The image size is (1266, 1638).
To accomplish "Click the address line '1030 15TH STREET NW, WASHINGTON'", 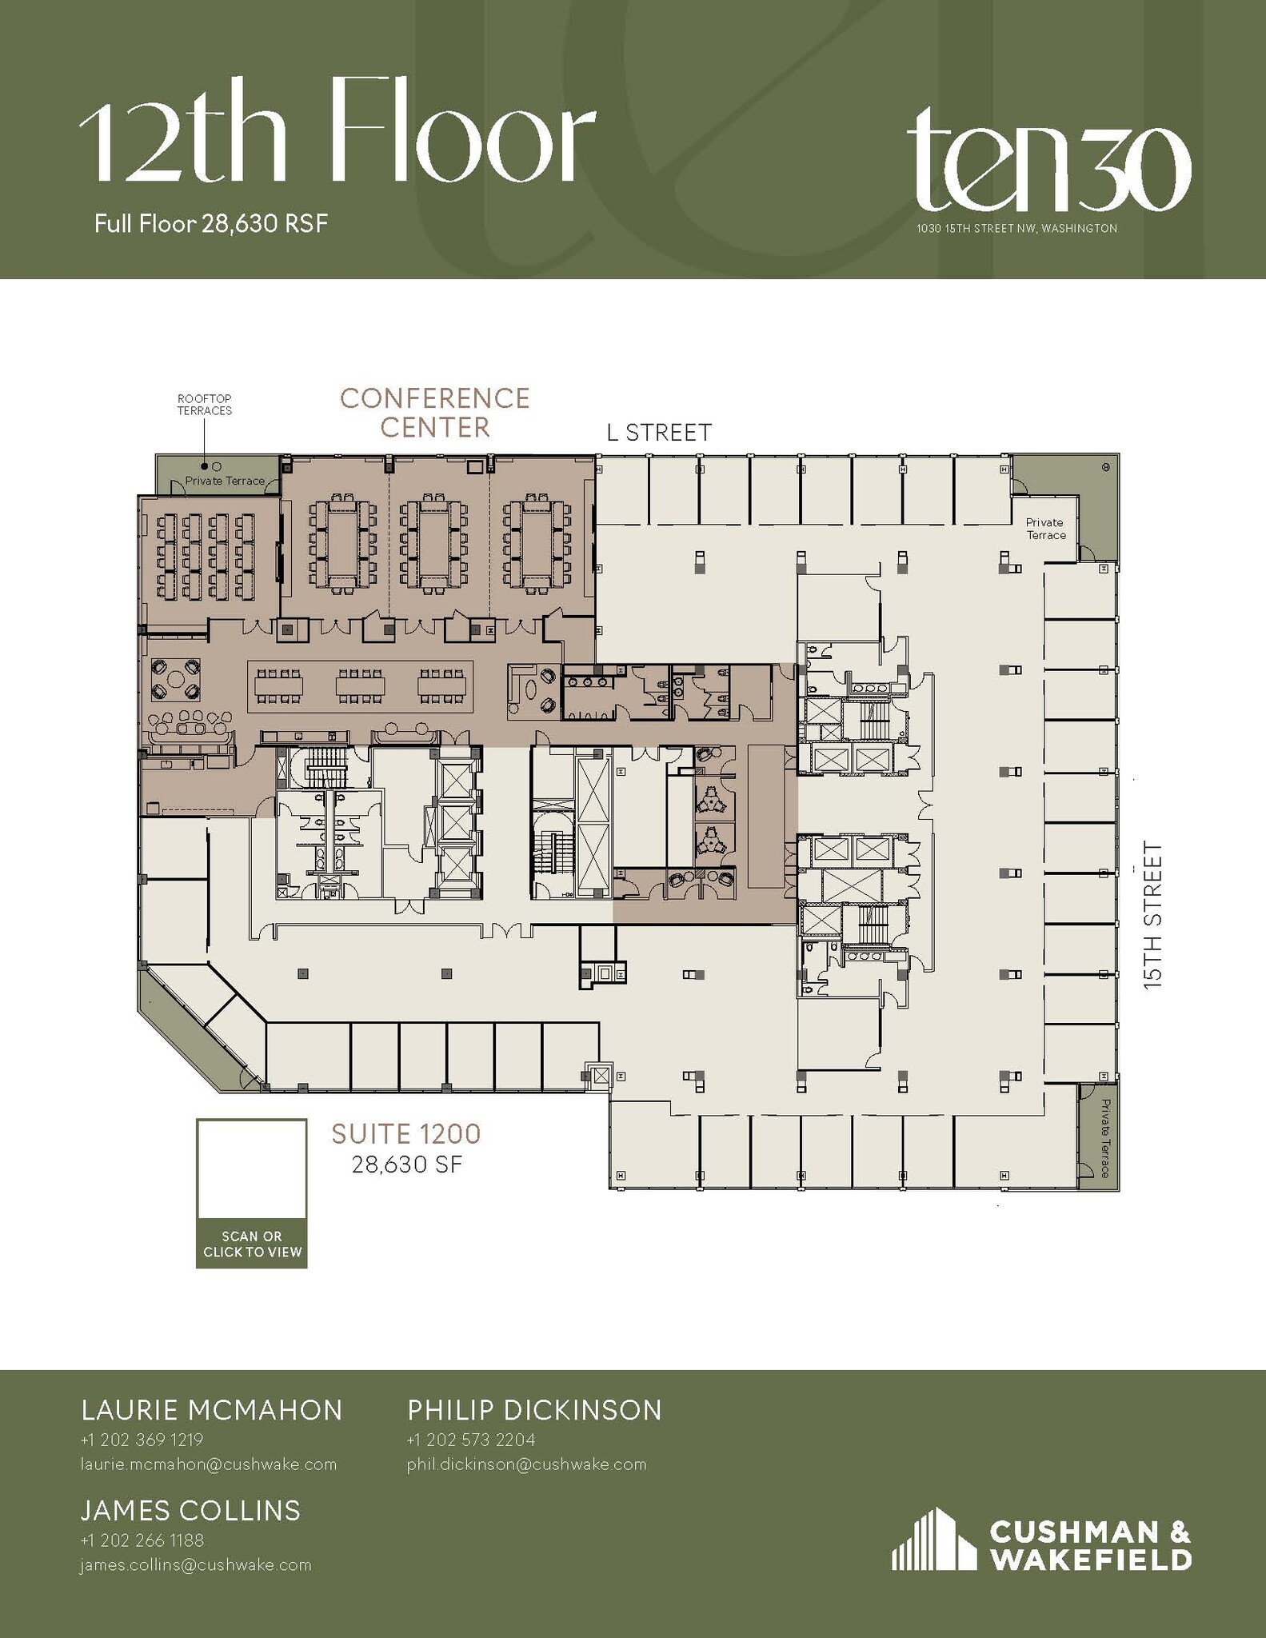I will (x=1016, y=229).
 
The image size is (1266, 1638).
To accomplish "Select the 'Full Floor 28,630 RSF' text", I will (x=211, y=223).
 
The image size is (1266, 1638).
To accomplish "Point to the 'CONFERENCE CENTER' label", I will (x=434, y=413).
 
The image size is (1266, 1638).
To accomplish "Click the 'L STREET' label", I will (x=658, y=433).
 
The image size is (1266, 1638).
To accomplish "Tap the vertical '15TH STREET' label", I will (x=1152, y=915).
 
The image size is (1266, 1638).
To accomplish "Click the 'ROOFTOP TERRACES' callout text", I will (x=205, y=405).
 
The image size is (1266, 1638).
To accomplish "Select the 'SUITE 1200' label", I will (x=406, y=1133).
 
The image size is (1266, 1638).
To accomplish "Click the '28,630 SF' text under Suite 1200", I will (x=407, y=1165).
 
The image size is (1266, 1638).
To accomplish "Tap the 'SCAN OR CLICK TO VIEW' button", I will (x=252, y=1244).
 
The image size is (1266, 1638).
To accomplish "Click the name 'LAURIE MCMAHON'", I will (x=212, y=1410).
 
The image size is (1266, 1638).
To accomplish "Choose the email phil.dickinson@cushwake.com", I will (x=526, y=1464).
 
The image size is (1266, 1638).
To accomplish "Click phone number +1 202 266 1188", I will (x=142, y=1540).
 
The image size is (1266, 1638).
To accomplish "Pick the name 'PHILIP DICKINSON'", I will (x=534, y=1410).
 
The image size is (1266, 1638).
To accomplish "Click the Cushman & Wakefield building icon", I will (x=933, y=1540).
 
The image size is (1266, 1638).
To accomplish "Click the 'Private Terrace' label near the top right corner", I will (x=1045, y=529).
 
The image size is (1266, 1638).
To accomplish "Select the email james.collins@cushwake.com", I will (x=195, y=1565).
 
